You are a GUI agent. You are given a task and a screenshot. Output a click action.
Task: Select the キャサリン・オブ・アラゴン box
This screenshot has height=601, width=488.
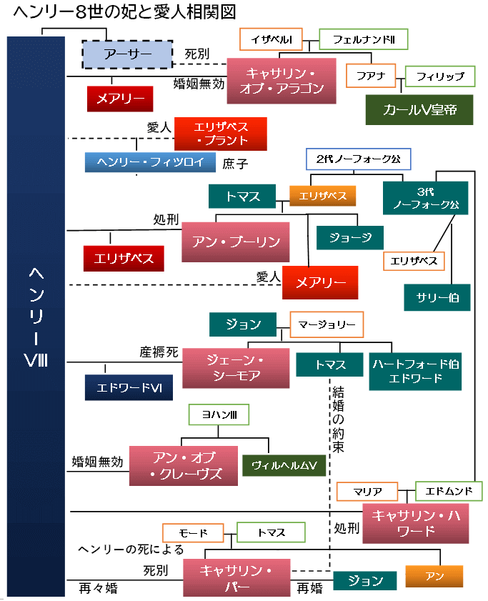280,80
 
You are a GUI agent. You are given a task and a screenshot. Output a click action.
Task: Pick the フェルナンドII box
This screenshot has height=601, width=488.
363,39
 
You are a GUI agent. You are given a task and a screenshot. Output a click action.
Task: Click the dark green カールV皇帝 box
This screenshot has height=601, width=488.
419,109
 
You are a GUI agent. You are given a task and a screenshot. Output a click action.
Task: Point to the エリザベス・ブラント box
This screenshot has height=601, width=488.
221,134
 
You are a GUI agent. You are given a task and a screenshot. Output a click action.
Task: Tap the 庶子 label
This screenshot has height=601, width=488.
235,164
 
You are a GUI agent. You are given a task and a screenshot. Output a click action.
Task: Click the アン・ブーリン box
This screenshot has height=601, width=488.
236,242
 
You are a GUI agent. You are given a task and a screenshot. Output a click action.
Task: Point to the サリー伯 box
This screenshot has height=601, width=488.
437,297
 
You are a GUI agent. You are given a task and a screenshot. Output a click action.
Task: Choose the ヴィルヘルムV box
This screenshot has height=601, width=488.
284,465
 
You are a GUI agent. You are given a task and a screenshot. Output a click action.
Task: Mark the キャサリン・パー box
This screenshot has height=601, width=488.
237,577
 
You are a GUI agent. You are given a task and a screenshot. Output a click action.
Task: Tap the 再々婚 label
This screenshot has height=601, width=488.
98,589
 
